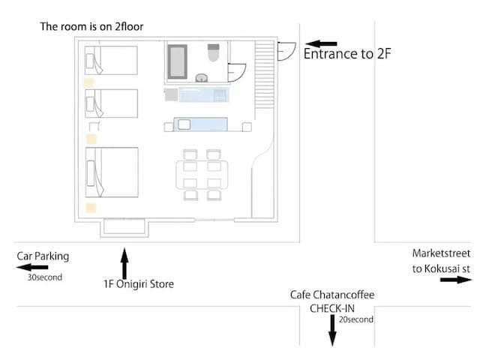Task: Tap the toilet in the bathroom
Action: point(211,53)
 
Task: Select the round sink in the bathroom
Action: point(201,77)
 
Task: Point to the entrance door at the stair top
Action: point(285,51)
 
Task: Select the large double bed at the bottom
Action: point(112,172)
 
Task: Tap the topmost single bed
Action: point(112,60)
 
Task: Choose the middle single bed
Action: point(112,103)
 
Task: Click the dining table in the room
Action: point(202,174)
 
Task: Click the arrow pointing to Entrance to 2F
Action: point(322,44)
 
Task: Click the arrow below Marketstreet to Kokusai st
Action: point(455,280)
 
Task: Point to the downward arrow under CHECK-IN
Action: point(331,330)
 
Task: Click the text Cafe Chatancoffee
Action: point(331,295)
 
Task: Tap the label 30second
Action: point(45,277)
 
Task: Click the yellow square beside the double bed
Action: point(91,208)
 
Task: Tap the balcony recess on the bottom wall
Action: point(124,226)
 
